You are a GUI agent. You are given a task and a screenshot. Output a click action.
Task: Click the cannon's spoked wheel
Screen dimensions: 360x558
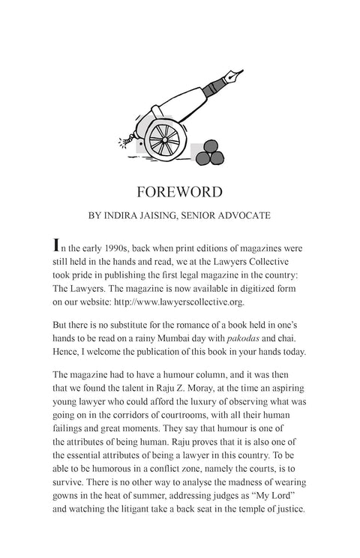(163, 136)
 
